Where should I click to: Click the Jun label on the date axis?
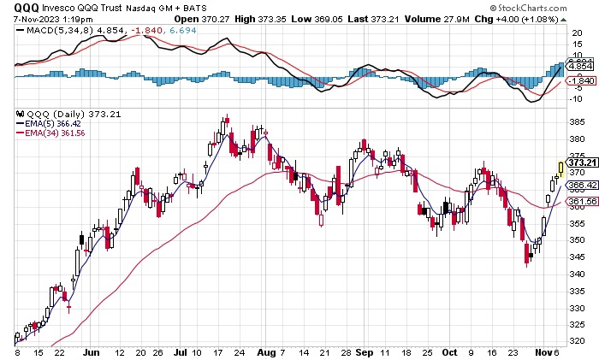(91, 351)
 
